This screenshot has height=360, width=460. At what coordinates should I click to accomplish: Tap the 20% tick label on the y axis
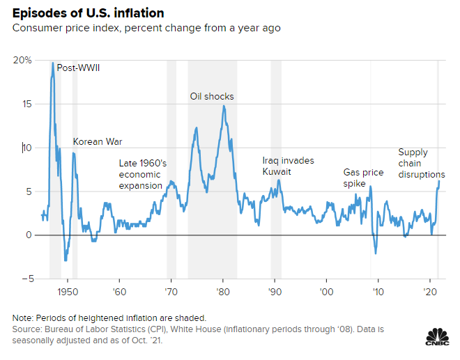tap(22, 61)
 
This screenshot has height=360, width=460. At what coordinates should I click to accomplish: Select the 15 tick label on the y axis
tap(26, 104)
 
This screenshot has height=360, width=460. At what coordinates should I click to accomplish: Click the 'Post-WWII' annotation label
tap(79, 68)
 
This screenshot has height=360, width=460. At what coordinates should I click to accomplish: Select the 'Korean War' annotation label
tap(98, 141)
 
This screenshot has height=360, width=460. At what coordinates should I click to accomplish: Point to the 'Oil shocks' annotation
tap(212, 96)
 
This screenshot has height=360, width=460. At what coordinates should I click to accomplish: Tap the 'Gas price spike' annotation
tap(364, 178)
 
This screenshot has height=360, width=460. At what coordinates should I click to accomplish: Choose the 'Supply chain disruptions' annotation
tap(421, 163)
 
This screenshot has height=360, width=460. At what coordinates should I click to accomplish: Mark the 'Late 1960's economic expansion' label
tap(142, 174)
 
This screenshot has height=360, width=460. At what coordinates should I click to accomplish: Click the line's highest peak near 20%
tap(52, 63)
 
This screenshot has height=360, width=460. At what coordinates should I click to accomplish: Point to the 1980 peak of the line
tap(223, 106)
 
